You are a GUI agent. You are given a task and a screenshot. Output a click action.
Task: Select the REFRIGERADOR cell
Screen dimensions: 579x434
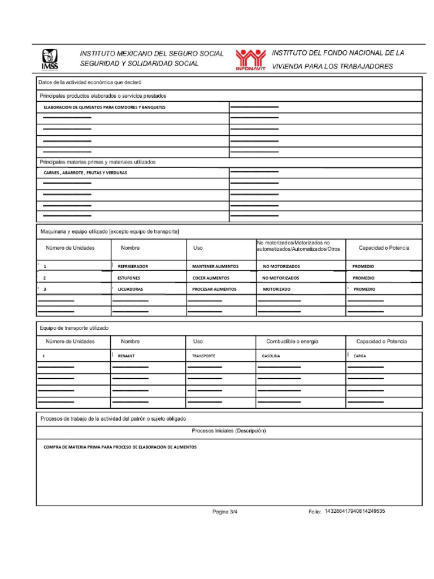coord(133,266)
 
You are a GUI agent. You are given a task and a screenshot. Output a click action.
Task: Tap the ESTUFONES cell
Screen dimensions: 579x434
coord(129,278)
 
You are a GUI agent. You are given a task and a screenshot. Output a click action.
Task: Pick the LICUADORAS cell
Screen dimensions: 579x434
coord(130,289)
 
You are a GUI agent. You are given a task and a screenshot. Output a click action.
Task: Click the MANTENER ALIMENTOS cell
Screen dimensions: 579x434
coord(215,266)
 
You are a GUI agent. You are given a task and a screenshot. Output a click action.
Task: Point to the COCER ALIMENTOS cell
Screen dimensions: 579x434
coord(211,278)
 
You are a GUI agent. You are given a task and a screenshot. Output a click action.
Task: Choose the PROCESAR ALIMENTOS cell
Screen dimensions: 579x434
coord(214,289)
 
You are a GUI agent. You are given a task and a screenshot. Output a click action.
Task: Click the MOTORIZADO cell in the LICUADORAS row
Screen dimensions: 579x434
coord(276,289)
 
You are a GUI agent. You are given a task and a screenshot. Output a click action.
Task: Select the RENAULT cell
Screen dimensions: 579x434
coord(126,356)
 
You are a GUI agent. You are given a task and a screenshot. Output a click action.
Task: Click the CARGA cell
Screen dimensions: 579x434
coord(359,356)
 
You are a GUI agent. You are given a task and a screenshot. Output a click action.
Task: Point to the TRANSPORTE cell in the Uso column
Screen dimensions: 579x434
coord(203,356)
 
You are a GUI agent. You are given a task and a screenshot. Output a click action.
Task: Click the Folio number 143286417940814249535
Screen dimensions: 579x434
coord(355,511)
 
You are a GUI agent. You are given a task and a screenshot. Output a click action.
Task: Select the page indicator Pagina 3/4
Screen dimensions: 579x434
coord(225,512)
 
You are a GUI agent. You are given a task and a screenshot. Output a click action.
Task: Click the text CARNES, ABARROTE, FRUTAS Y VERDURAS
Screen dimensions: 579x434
coord(85,173)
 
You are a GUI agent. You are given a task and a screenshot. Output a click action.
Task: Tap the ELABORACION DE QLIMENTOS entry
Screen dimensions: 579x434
coord(105,107)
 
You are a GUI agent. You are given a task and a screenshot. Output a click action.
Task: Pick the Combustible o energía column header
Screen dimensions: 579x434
coord(292,342)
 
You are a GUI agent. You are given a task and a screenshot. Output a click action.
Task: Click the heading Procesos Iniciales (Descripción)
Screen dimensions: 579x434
coord(229,431)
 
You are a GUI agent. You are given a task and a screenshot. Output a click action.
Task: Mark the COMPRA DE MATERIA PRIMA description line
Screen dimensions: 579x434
coord(120,447)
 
